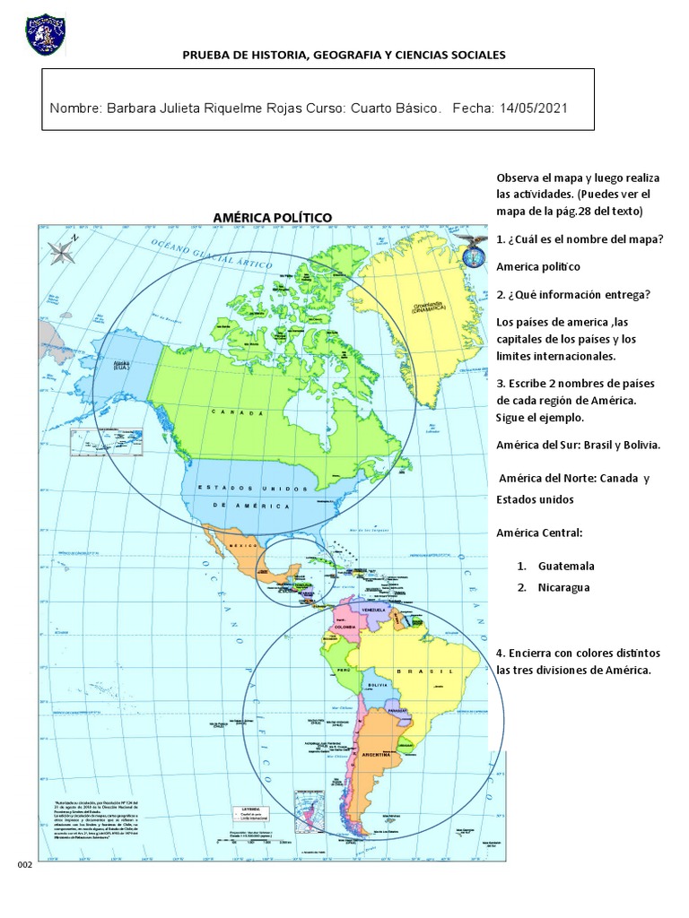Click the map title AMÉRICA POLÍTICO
[272, 217]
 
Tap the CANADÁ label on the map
[238, 412]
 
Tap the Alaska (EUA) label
[120, 365]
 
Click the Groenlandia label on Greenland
[430, 307]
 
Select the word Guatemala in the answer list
[566, 566]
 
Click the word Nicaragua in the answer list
[563, 587]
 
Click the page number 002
[24, 864]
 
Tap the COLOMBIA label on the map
[346, 628]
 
